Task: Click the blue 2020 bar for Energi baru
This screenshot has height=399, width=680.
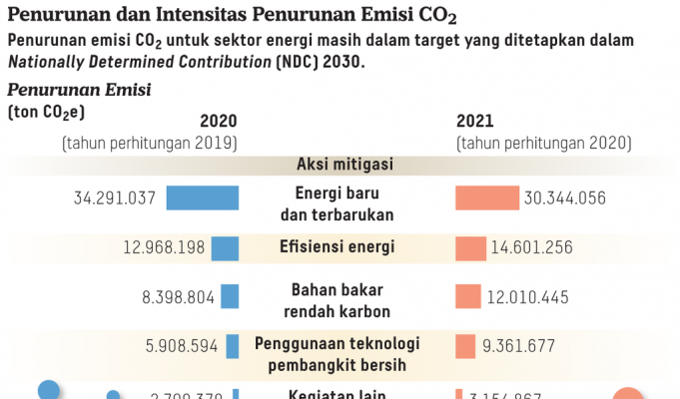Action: tap(203, 198)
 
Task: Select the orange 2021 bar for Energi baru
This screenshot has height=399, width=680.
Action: tap(487, 198)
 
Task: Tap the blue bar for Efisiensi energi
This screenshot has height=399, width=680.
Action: tap(226, 246)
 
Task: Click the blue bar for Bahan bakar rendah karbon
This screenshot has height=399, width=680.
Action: tap(231, 295)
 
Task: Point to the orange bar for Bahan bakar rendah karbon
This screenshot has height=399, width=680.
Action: tap(466, 295)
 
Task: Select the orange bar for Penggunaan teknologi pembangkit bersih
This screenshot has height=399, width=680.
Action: tap(464, 345)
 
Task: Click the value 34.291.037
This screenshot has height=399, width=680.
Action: tap(115, 198)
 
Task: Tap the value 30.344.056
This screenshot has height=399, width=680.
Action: tap(565, 198)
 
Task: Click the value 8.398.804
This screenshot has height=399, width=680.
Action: tap(173, 295)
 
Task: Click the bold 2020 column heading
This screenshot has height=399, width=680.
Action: tap(219, 122)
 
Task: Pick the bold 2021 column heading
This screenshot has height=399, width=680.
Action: tap(474, 122)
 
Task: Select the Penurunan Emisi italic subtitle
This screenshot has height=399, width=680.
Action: tap(79, 90)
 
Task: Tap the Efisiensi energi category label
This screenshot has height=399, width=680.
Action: tap(345, 245)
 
